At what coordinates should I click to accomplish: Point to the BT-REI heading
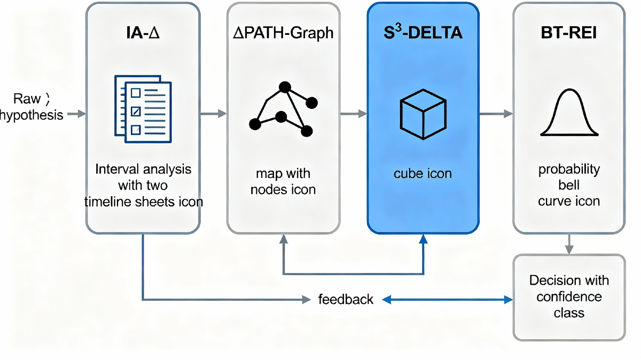pyautogui.click(x=569, y=34)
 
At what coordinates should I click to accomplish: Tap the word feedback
pyautogui.click(x=346, y=299)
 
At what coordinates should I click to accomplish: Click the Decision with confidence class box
pyautogui.click(x=569, y=296)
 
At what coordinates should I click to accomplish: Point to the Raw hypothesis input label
pyautogui.click(x=32, y=107)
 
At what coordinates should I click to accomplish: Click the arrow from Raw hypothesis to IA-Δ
pyautogui.click(x=76, y=114)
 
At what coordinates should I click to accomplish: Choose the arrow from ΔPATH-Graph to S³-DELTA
pyautogui.click(x=353, y=114)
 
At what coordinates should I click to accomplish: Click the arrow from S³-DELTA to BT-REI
pyautogui.click(x=496, y=114)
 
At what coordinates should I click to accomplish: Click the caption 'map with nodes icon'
pyautogui.click(x=283, y=181)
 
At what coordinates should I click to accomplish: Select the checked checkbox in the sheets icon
pyautogui.click(x=136, y=112)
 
